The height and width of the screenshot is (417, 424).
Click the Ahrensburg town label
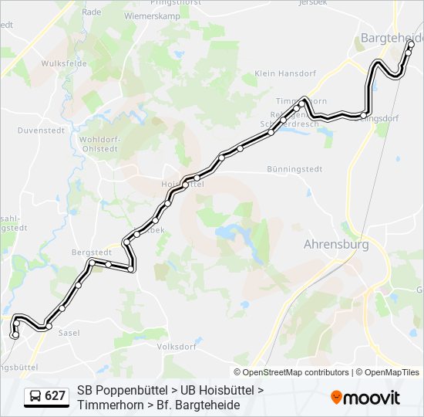[x=336, y=244]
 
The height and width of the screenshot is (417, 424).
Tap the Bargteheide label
[x=392, y=38]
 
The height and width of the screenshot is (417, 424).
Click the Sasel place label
[x=69, y=332]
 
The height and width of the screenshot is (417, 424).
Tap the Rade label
[x=92, y=12]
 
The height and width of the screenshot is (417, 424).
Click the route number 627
[x=56, y=396]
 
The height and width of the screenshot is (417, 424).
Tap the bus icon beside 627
[x=35, y=396]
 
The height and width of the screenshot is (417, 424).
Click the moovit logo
[x=365, y=398]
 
